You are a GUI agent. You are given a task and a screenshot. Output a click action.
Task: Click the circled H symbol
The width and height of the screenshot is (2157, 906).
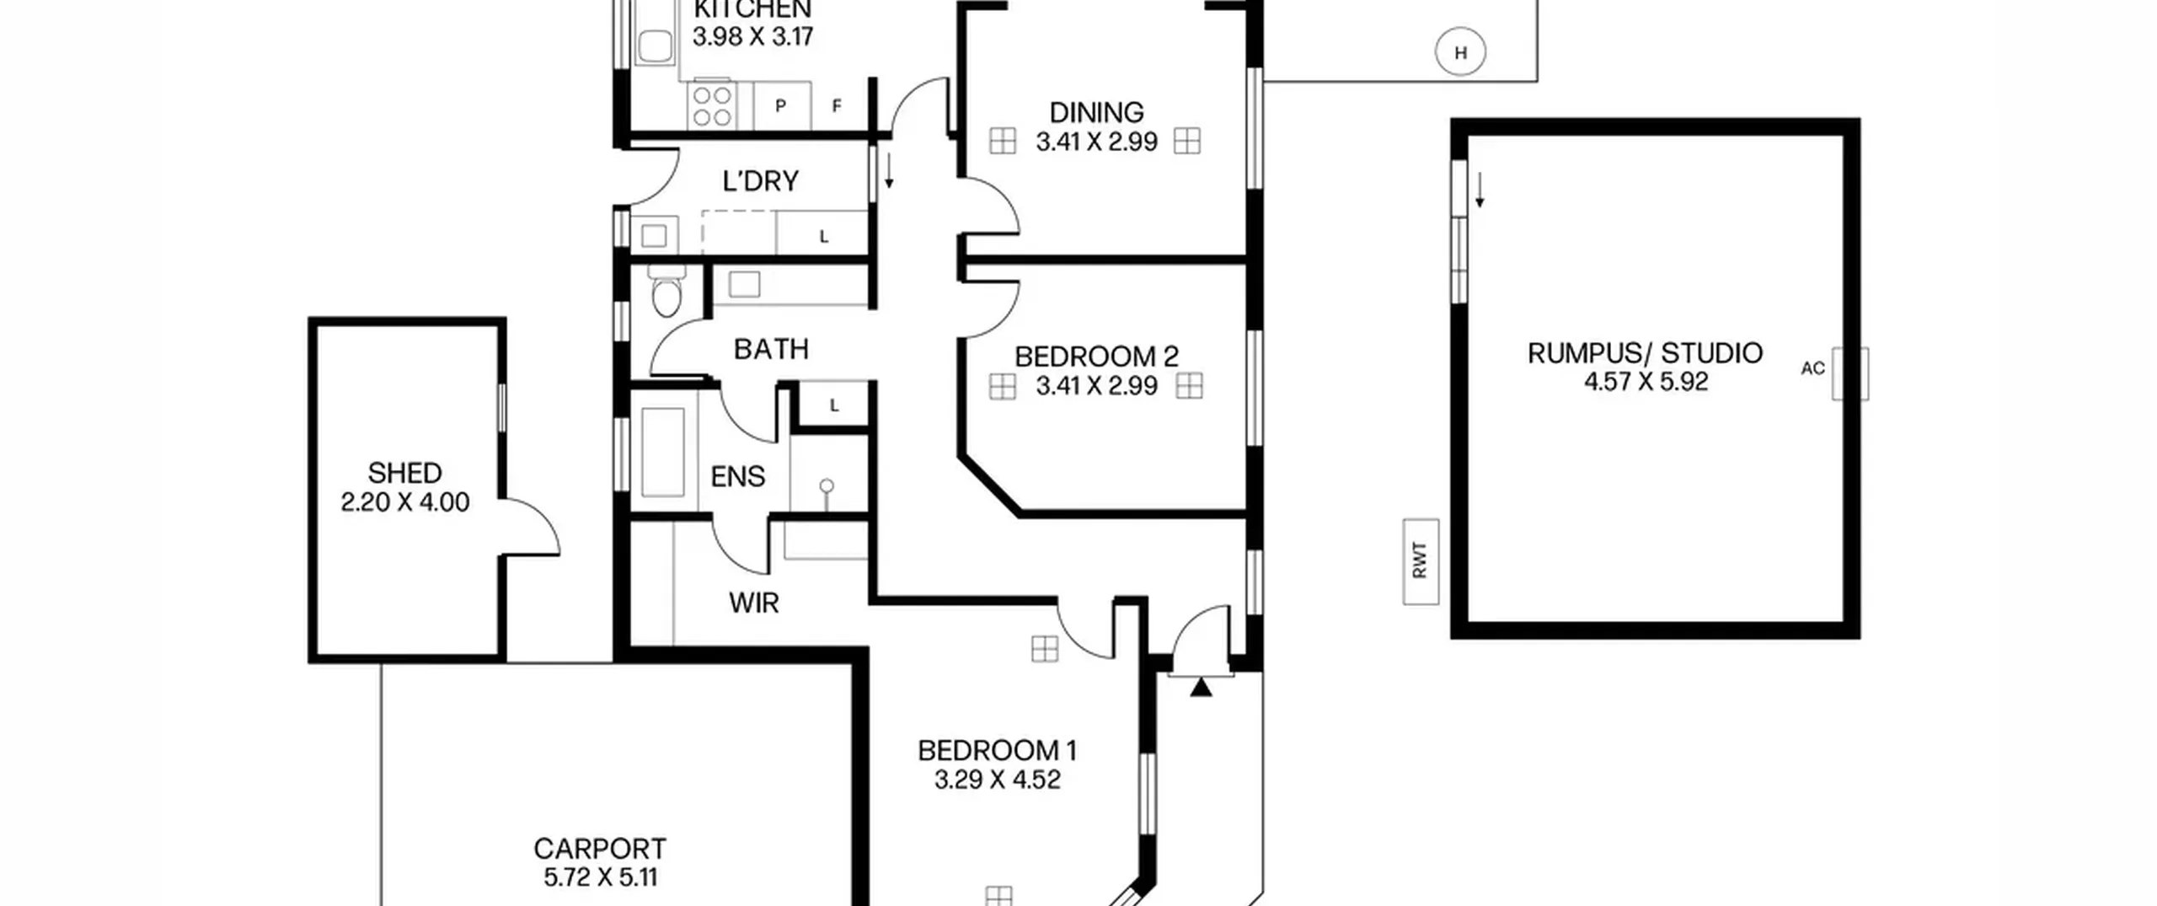pos(1460,52)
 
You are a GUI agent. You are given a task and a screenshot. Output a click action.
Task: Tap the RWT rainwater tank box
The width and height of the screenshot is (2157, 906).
pos(1421,561)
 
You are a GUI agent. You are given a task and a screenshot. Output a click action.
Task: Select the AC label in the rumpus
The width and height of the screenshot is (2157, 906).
pos(1813,368)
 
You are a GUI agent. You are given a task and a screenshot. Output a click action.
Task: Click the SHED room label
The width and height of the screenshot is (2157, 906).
pos(404,472)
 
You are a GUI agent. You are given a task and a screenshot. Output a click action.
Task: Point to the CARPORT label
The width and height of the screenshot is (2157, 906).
pos(600,848)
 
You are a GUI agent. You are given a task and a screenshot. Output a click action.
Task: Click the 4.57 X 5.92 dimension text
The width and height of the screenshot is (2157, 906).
pos(1646,382)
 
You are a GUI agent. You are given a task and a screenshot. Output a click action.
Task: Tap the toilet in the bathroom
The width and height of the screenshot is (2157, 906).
pos(666,291)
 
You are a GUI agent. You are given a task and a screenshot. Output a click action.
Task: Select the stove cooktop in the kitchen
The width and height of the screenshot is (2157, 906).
pos(712,106)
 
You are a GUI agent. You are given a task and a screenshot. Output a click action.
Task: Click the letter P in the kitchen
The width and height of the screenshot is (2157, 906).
pos(781,106)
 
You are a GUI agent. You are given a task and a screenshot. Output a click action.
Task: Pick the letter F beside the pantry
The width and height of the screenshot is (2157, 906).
pos(837,106)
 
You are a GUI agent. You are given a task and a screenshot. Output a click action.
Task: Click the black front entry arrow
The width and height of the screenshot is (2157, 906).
pos(1202,688)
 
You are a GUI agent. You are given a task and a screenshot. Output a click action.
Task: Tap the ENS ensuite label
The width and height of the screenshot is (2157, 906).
pos(738,477)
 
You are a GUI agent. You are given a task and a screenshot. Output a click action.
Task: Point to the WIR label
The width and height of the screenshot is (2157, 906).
pos(753,603)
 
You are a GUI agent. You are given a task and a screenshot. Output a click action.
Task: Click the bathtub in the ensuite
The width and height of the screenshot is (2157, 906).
pos(663,452)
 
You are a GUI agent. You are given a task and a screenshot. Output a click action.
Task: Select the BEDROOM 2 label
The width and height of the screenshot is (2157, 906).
pos(1096,357)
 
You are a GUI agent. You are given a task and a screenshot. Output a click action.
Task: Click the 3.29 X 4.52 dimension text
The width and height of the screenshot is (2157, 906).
pos(997,780)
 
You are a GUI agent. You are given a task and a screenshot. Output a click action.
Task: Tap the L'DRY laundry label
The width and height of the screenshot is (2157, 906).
pos(760,181)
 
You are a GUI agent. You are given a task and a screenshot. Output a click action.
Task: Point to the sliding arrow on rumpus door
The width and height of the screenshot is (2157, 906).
pos(1480,190)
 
